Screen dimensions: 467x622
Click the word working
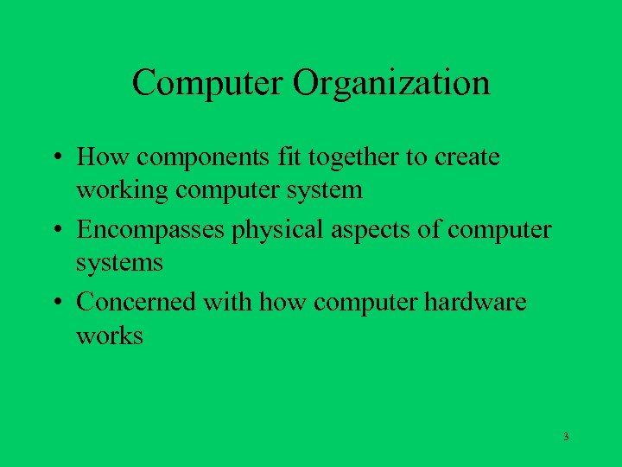(x=123, y=189)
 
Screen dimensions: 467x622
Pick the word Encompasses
(x=150, y=231)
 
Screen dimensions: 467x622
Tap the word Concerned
(x=136, y=304)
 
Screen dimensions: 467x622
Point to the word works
(x=110, y=335)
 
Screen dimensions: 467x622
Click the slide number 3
(x=566, y=437)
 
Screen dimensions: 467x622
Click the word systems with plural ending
(x=119, y=262)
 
